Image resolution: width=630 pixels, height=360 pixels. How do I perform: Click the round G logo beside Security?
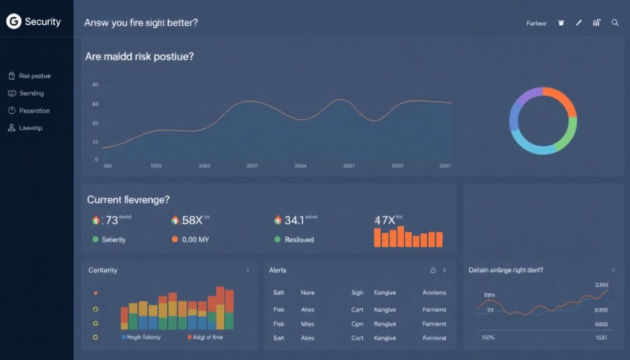(x=13, y=22)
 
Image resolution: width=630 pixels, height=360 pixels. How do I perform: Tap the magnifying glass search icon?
(x=615, y=23)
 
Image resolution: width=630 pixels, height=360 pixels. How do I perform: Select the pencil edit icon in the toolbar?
(x=578, y=23)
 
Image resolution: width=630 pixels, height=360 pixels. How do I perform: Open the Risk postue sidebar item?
(x=34, y=76)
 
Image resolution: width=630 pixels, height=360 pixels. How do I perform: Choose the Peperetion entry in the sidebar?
(x=34, y=111)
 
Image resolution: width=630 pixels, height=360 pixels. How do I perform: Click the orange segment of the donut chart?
(x=562, y=100)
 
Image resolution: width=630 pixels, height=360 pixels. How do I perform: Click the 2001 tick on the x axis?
(x=252, y=166)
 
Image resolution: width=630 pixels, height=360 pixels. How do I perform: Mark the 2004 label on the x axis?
(x=301, y=166)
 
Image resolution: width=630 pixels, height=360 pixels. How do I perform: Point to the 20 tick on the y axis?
(x=95, y=123)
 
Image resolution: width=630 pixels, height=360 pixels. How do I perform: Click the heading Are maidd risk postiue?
(x=140, y=56)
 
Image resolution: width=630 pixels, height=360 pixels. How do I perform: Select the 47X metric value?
(x=385, y=220)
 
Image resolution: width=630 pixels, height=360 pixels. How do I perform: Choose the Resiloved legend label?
(x=299, y=239)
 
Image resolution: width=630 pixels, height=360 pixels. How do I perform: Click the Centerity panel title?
(x=103, y=270)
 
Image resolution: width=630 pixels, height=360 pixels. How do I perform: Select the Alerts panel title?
(x=277, y=270)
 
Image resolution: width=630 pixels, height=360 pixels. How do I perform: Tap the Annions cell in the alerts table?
(x=434, y=293)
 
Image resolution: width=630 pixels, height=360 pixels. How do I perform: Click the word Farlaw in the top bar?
(x=536, y=23)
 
